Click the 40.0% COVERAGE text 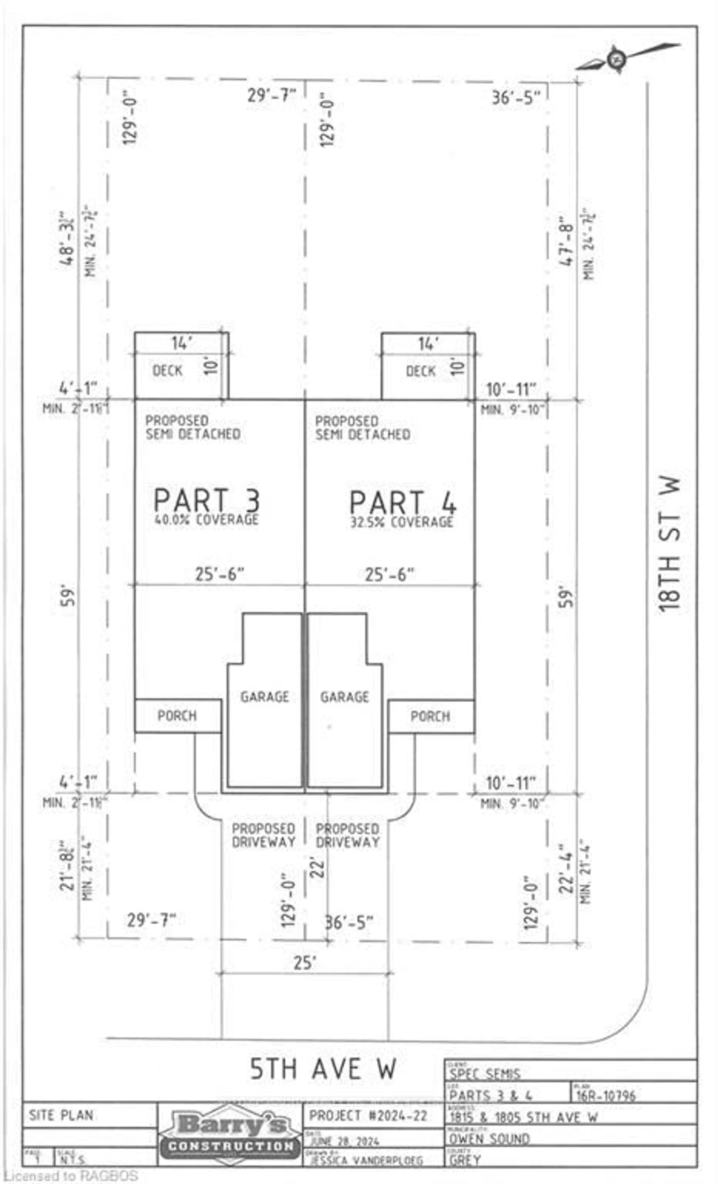[206, 520]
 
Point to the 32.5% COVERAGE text [401, 522]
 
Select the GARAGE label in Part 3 [265, 697]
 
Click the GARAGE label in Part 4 [344, 697]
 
